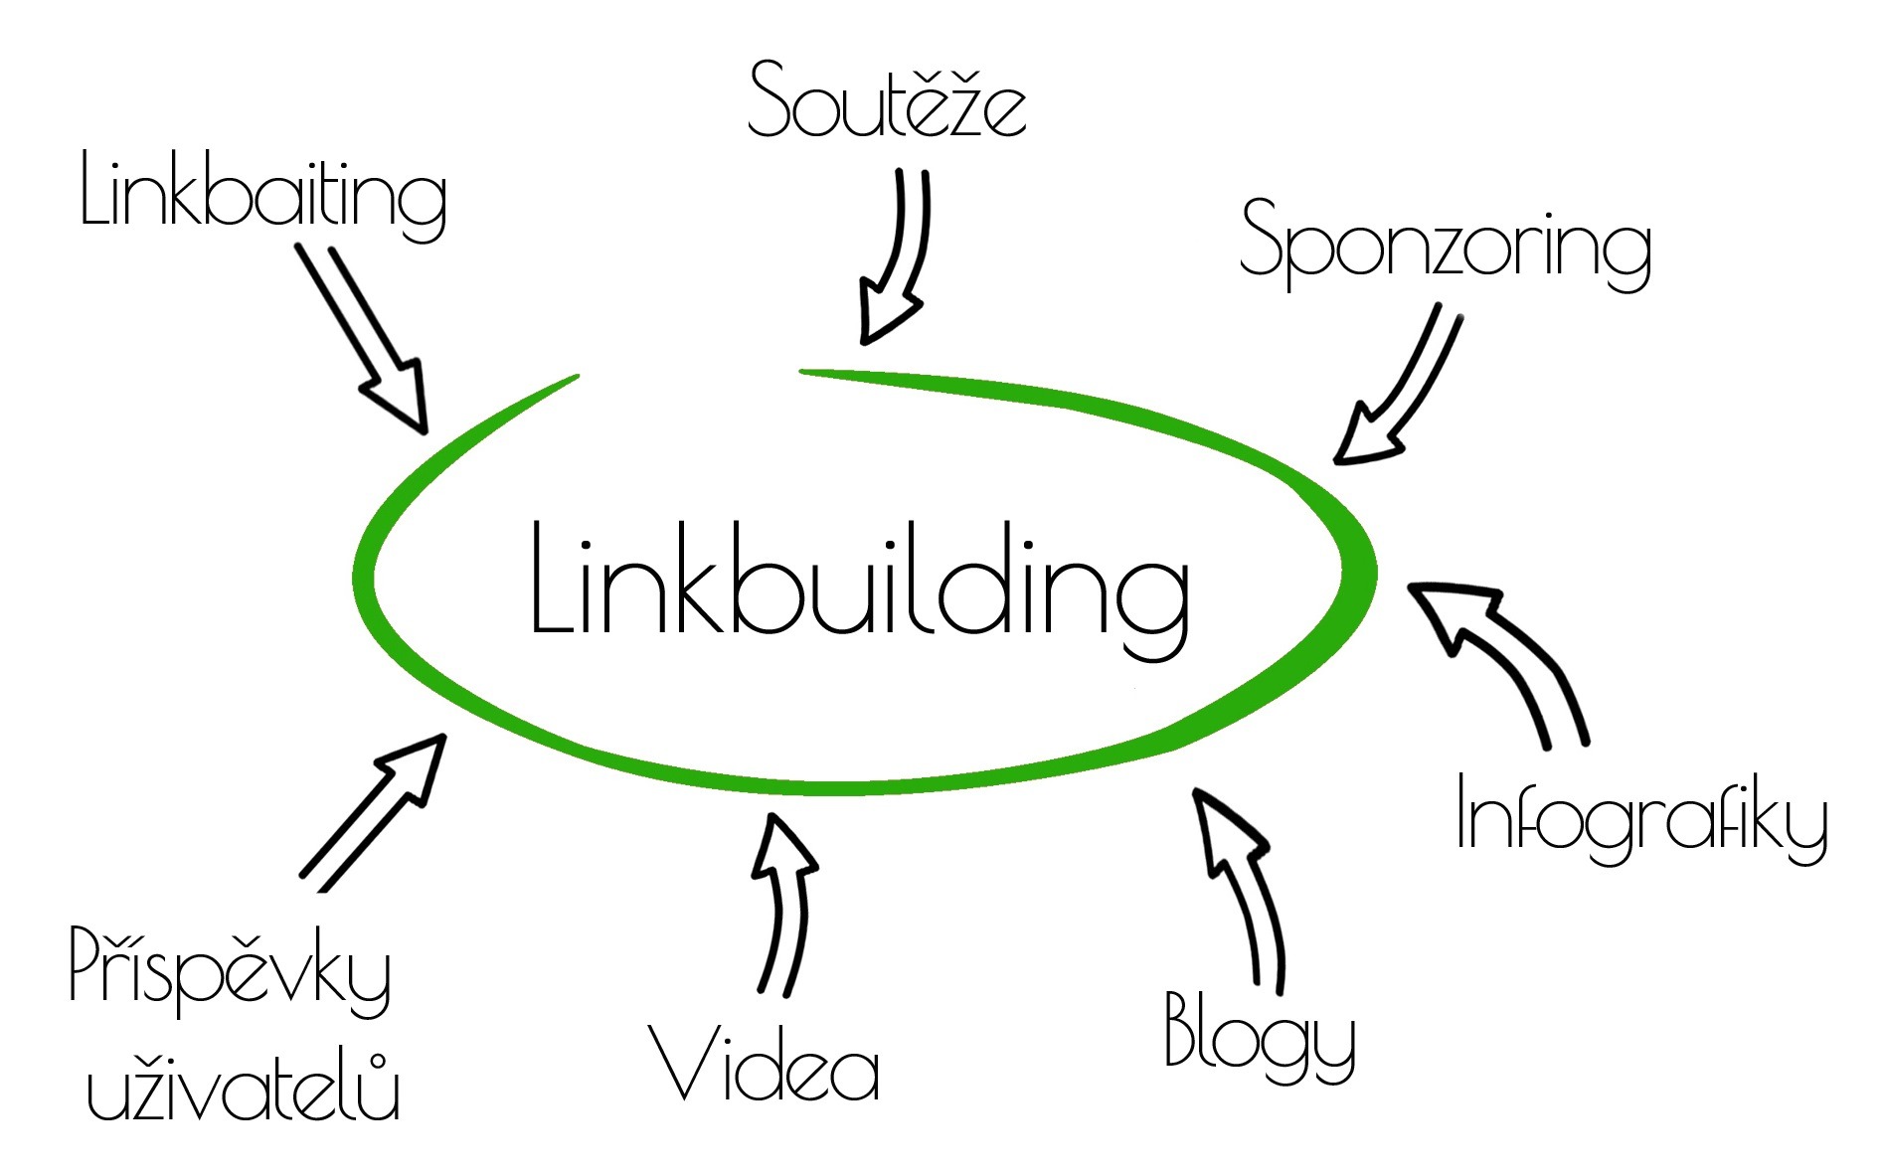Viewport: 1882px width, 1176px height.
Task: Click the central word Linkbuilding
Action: coord(860,587)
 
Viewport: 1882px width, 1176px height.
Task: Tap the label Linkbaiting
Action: coord(263,194)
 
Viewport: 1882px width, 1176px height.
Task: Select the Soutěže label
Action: coord(887,99)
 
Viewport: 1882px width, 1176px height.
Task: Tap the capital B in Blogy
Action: coord(1180,1029)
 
